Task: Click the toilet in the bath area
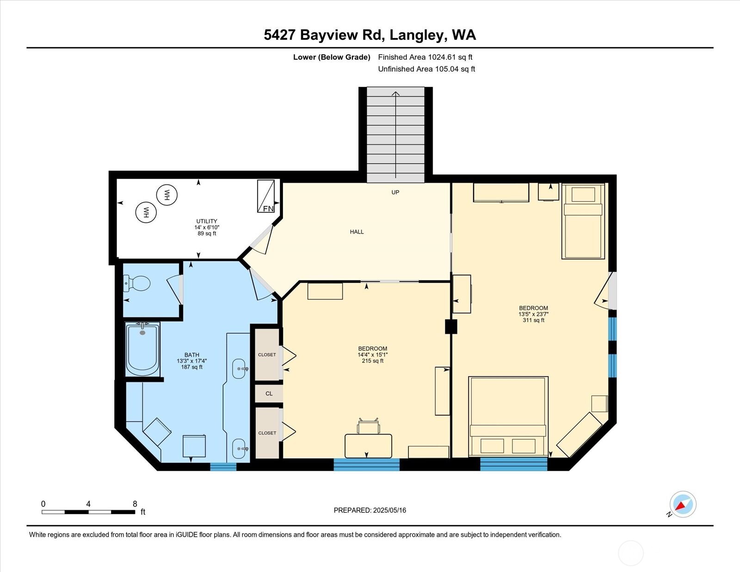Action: click(138, 283)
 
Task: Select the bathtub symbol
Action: click(142, 350)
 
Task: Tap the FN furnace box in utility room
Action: click(266, 197)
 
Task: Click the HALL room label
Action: click(357, 232)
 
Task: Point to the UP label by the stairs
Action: click(395, 192)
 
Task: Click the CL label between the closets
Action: click(269, 394)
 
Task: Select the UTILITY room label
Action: click(206, 221)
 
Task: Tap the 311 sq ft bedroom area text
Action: click(533, 320)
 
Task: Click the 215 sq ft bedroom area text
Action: click(372, 361)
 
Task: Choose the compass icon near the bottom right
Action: click(683, 504)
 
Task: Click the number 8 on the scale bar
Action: click(135, 504)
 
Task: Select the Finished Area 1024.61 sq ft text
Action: click(425, 57)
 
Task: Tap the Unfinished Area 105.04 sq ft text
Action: click(426, 69)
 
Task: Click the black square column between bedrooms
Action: click(451, 327)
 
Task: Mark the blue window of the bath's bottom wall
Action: click(223, 466)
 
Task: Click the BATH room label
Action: click(191, 355)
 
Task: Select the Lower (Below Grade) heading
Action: click(332, 57)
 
